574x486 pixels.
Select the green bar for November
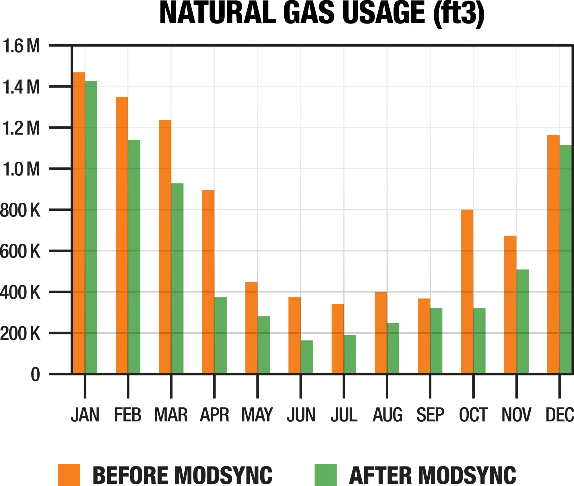(522, 321)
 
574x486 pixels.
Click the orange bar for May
(251, 328)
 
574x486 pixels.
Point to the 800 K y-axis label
(20, 210)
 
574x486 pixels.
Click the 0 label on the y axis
(35, 375)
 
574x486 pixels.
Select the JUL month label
(344, 415)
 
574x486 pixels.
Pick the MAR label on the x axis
(171, 415)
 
